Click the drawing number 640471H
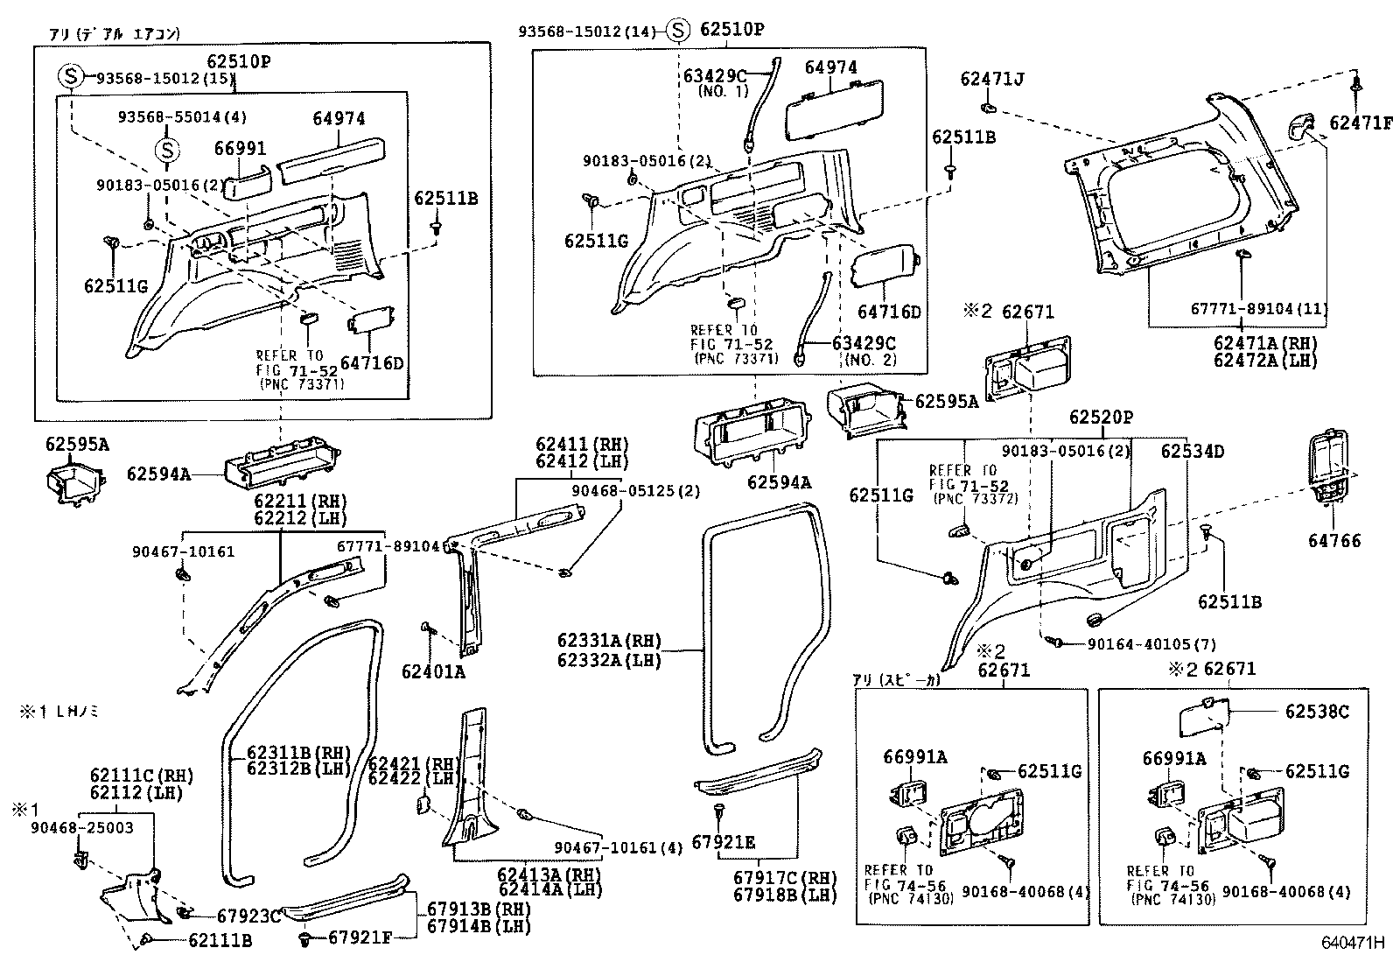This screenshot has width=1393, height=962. click(x=1353, y=944)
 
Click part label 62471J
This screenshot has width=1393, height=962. click(x=991, y=80)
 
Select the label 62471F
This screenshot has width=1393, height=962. click(x=1360, y=123)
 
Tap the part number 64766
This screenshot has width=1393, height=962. click(x=1334, y=541)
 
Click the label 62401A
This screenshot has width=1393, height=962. click(x=433, y=672)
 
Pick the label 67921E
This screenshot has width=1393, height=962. click(x=723, y=842)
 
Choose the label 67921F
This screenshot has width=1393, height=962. click(x=360, y=937)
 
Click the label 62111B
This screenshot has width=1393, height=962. click(x=220, y=940)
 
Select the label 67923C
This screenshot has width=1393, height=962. click(x=248, y=916)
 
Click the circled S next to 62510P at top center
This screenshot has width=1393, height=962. click(x=677, y=30)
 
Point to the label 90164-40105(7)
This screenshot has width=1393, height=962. click(x=1151, y=644)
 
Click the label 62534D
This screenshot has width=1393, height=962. click(x=1193, y=452)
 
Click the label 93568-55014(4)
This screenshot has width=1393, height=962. click(x=183, y=116)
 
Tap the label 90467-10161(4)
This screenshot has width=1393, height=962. click(x=619, y=847)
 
